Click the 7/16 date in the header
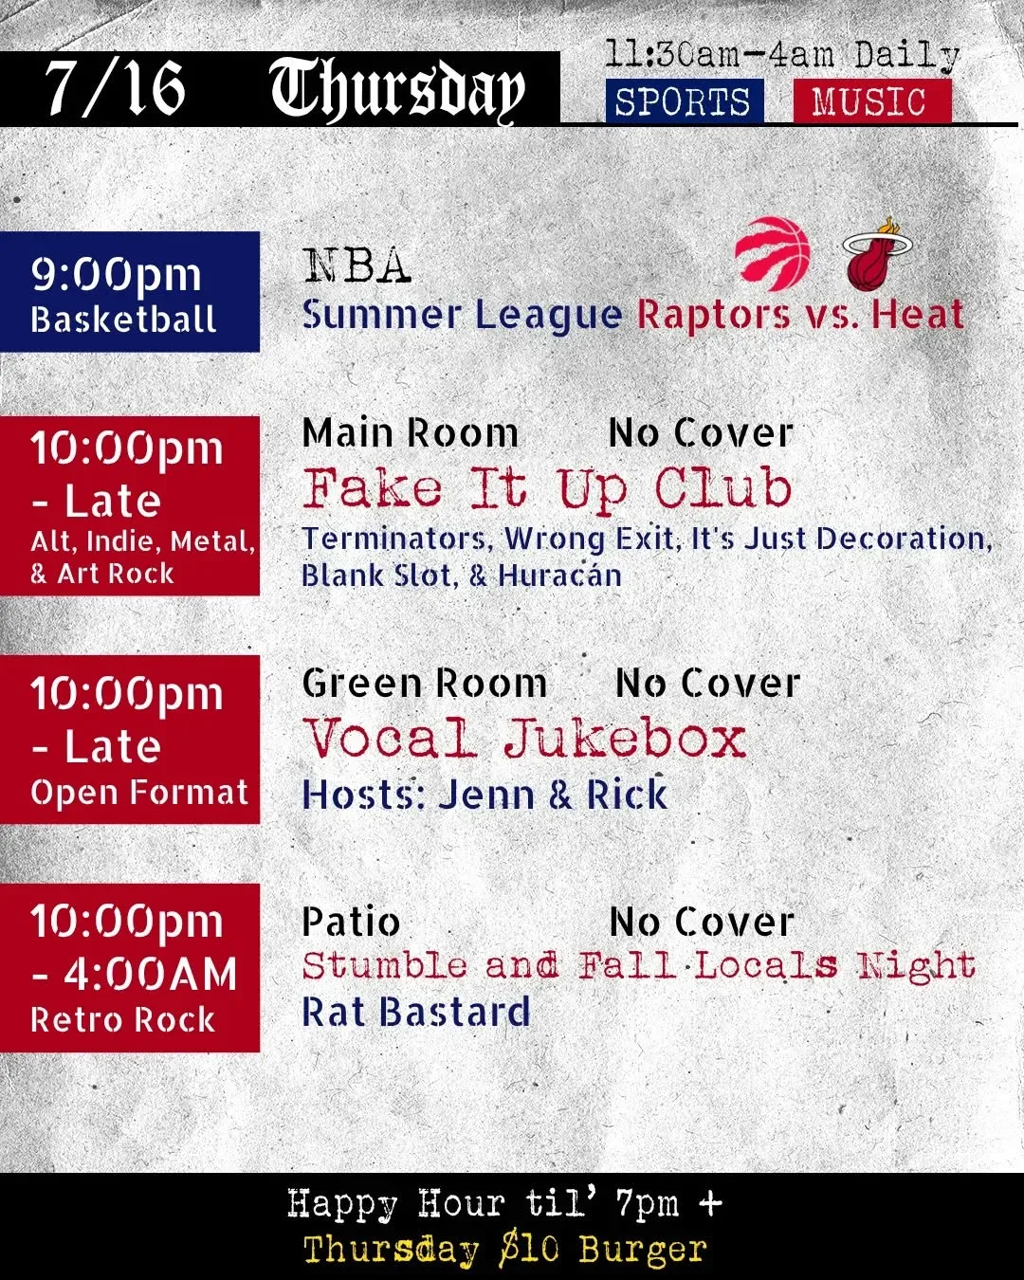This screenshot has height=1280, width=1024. (x=115, y=88)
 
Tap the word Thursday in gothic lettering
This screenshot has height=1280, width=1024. (x=397, y=89)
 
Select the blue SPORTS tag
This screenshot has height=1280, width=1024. (x=685, y=101)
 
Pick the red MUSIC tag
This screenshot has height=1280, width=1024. (x=872, y=101)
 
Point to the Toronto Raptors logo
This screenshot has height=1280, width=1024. (x=773, y=253)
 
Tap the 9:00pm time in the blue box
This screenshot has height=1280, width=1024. (x=116, y=276)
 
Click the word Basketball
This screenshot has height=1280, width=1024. (x=123, y=320)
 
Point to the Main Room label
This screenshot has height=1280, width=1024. (x=410, y=432)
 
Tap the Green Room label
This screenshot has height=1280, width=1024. (x=424, y=683)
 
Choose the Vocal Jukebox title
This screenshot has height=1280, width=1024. (x=524, y=738)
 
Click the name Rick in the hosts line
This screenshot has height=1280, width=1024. (x=627, y=794)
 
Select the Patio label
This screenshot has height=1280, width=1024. (x=351, y=922)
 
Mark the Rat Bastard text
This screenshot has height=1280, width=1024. (x=416, y=1011)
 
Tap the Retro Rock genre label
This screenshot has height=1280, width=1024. (x=122, y=1019)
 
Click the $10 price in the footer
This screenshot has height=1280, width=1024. (x=529, y=1248)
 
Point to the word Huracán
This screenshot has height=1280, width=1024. (x=560, y=576)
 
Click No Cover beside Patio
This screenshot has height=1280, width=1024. (x=702, y=923)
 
